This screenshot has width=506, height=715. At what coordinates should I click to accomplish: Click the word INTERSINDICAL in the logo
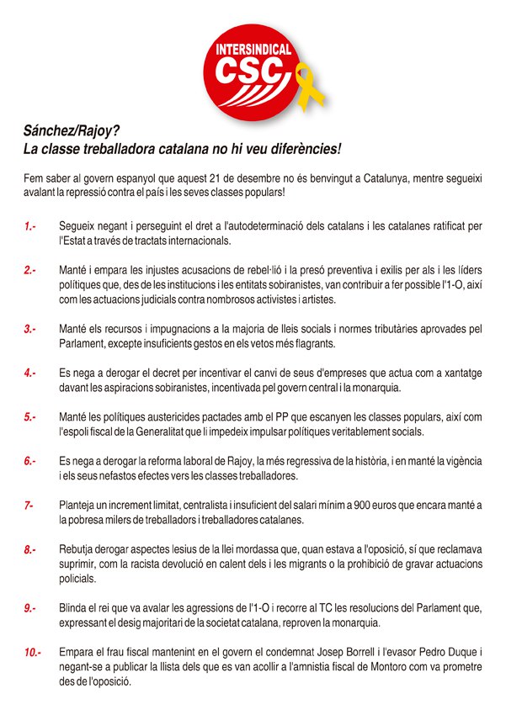[252, 49]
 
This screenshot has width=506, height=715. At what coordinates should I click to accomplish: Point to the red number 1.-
[30, 227]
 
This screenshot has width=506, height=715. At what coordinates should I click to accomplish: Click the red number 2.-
[30, 270]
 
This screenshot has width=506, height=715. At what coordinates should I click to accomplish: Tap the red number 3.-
[30, 328]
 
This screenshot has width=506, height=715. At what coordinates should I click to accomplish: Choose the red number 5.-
[30, 416]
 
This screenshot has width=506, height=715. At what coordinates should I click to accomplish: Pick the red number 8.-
[30, 549]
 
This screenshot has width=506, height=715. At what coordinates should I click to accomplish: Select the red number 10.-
[33, 652]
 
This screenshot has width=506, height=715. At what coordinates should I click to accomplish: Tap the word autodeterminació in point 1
[286, 227]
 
